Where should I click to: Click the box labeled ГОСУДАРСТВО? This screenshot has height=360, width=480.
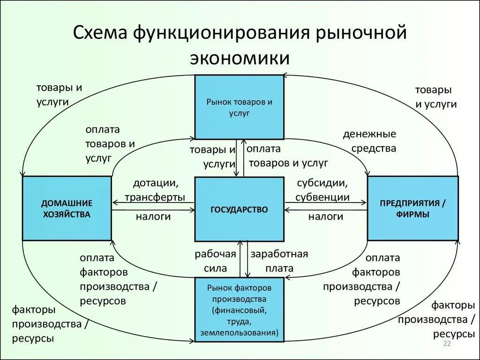(239, 209)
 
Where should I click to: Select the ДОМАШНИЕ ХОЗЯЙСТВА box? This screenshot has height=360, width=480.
(67, 209)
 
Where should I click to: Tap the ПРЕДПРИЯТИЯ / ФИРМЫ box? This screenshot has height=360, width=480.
(412, 209)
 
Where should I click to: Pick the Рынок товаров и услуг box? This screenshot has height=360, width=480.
(239, 107)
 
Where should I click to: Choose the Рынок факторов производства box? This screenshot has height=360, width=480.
(239, 310)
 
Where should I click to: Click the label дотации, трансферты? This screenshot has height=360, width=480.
(155, 190)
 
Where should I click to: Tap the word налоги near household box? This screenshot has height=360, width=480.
(153, 217)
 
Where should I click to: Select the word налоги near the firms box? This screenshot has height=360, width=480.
(326, 217)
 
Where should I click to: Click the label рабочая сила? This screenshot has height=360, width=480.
(215, 261)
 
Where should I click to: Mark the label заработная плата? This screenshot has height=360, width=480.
(279, 261)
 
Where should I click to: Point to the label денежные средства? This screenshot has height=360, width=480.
(369, 141)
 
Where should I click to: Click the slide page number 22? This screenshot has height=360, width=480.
(447, 344)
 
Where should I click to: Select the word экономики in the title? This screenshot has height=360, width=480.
(240, 58)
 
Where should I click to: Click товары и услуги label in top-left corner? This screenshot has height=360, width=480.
(59, 95)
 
